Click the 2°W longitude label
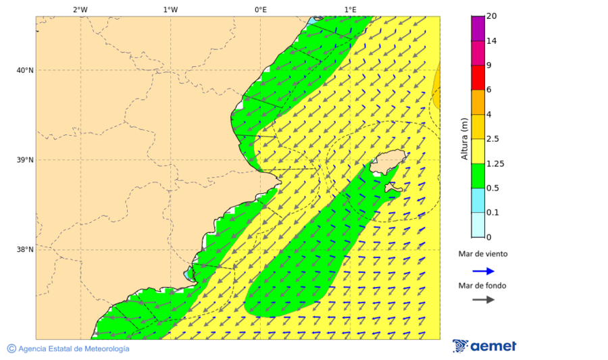[x=80, y=9]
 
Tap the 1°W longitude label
[x=170, y=9]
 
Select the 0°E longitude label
[x=260, y=9]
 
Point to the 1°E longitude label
[x=350, y=9]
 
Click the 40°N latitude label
[x=25, y=70]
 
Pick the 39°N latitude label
[x=25, y=160]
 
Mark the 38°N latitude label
[x=25, y=250]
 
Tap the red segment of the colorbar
[x=478, y=78]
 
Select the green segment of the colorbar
[x=478, y=176]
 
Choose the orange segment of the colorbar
[x=478, y=102]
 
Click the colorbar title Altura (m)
[x=464, y=139]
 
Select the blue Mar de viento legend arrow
[x=483, y=271]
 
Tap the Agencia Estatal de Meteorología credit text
[x=73, y=349]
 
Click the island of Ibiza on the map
[x=386, y=161]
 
